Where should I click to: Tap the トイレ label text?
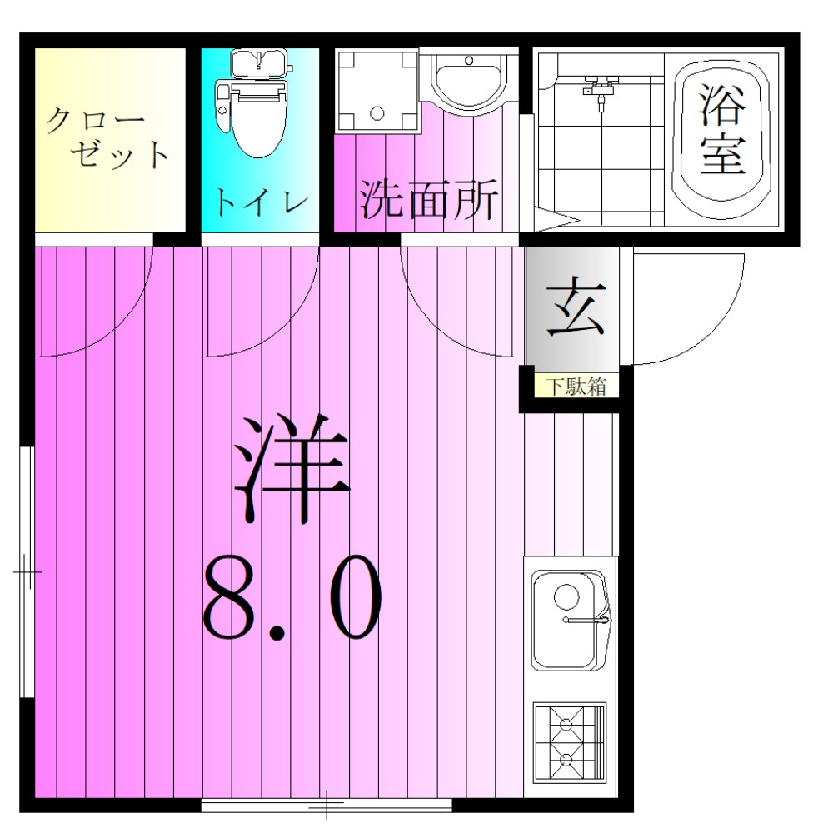click(260, 202)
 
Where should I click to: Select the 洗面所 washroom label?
click(428, 200)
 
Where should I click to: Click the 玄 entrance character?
click(574, 309)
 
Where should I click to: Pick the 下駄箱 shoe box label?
click(575, 387)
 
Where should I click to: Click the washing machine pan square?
click(376, 90)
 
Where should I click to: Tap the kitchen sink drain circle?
click(566, 596)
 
